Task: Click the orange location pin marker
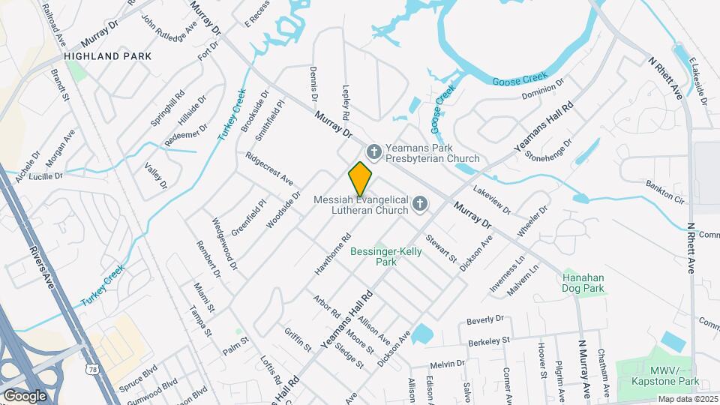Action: (x=361, y=179)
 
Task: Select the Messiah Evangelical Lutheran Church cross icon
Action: (x=421, y=204)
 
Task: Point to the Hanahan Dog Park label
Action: (x=583, y=282)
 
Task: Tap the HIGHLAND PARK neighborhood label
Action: (x=107, y=56)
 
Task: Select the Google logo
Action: (x=25, y=395)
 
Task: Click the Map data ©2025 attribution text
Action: (x=687, y=399)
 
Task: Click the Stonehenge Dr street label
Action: (x=548, y=149)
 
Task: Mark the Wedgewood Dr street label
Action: (x=225, y=244)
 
